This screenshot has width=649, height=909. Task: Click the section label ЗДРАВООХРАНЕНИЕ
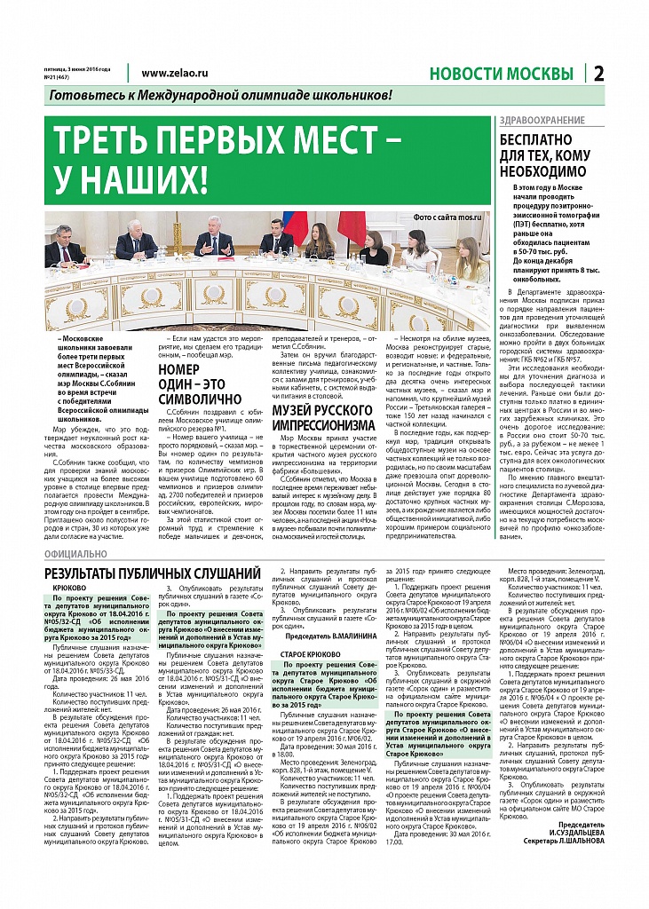[x=539, y=119]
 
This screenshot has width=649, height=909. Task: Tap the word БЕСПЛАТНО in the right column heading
[x=538, y=139]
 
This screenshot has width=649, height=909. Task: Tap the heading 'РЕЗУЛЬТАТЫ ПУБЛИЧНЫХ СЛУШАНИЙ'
[x=153, y=573]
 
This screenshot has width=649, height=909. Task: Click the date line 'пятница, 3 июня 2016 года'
[x=78, y=68]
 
